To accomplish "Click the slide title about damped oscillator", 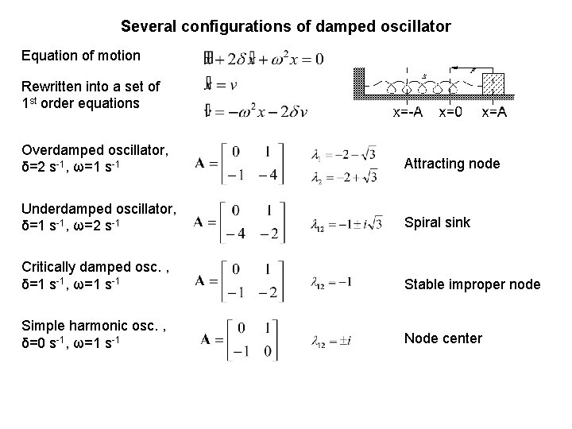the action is tap(286, 26).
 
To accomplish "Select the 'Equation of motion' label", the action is tap(81, 56).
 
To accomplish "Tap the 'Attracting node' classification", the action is tap(452, 164).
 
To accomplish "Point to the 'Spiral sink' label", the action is tap(437, 222).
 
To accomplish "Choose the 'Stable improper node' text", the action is tap(473, 284).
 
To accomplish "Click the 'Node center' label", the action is tap(443, 338).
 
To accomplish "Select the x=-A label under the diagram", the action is tap(408, 113).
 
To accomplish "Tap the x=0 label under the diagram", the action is tap(450, 113).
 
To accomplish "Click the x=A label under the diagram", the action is tap(493, 113).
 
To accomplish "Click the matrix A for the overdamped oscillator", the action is tap(239, 164).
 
